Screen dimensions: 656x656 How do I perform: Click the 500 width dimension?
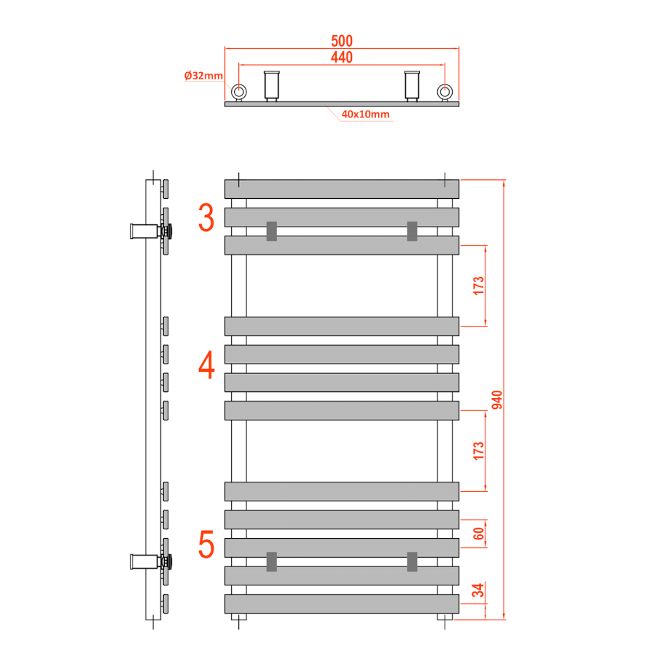(x=342, y=41)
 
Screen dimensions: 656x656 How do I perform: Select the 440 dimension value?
(x=342, y=58)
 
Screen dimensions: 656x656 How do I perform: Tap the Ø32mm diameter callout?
(x=203, y=76)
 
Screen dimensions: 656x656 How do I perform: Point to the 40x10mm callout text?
(x=365, y=114)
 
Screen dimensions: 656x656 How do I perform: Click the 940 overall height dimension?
(x=496, y=399)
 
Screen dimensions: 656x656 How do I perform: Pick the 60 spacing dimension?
(x=479, y=534)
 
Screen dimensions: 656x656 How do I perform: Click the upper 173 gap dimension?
(x=479, y=286)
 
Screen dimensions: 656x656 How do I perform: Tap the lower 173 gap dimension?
(x=479, y=450)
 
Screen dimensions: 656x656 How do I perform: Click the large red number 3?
(x=206, y=217)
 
